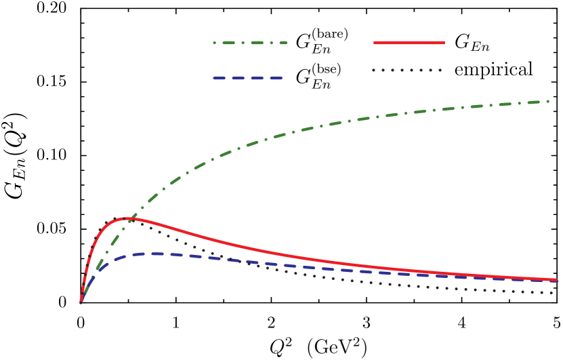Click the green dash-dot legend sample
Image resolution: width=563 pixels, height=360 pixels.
coord(250,43)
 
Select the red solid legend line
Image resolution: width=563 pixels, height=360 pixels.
coord(409,43)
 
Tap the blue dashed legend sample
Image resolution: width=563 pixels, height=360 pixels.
coord(247,78)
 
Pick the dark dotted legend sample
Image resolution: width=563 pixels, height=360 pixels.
coord(406,70)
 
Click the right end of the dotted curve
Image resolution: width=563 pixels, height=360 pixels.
coord(553,292)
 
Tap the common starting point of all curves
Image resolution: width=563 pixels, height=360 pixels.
coord(81,302)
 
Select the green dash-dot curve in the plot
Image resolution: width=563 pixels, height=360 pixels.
coord(339,123)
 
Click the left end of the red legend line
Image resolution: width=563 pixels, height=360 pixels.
coord(375,43)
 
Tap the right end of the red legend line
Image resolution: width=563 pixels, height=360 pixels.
coord(444,43)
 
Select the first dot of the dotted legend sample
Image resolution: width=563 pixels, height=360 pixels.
coord(373,70)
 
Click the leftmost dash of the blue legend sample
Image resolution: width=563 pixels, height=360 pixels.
coord(219,78)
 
